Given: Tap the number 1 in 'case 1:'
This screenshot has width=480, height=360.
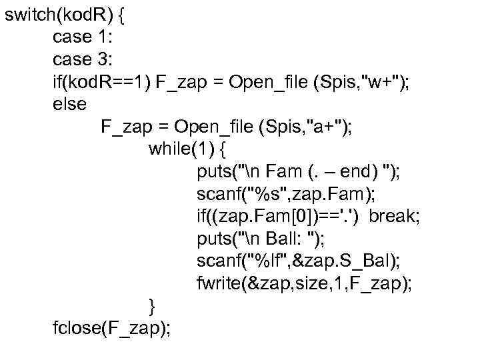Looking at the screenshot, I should coord(108,38).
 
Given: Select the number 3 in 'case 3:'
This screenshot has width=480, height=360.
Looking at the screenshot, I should coord(108,60).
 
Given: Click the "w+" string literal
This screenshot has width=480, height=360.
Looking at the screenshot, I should coord(379,83).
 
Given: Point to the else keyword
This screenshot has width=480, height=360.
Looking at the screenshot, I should coord(69,104).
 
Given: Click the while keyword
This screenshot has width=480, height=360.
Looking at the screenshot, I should coord(169,149).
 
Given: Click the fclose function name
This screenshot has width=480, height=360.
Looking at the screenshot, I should coord(75,329).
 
